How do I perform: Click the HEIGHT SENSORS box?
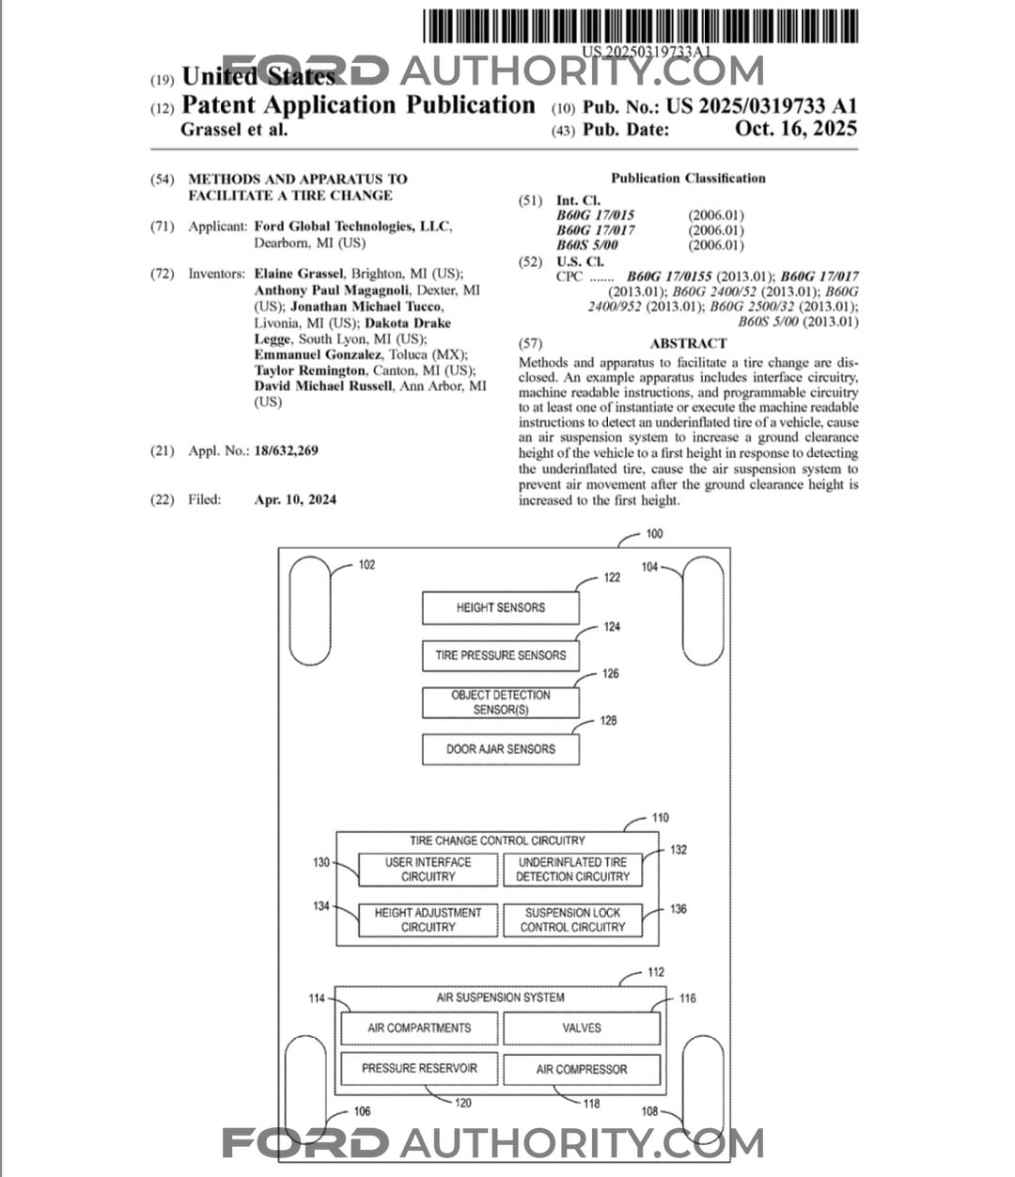click(500, 607)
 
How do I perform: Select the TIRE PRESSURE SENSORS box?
click(500, 655)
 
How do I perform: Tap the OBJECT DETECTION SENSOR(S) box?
click(500, 702)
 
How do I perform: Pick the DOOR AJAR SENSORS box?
click(500, 749)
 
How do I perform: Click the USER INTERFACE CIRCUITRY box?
click(428, 870)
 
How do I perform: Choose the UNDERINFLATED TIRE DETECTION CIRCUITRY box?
click(572, 870)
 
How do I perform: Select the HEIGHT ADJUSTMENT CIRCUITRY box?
click(428, 919)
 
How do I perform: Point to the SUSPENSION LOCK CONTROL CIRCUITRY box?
click(572, 919)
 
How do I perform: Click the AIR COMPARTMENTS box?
click(419, 1028)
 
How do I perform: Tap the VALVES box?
click(581, 1028)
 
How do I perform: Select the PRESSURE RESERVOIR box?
click(419, 1069)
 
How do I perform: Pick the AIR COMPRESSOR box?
click(581, 1069)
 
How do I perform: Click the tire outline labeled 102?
click(311, 611)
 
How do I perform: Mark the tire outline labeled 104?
click(703, 611)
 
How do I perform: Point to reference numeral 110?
click(661, 818)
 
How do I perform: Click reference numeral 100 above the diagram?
click(654, 534)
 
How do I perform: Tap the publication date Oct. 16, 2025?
click(796, 130)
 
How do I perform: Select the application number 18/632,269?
click(286, 451)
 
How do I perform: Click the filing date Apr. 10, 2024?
click(295, 500)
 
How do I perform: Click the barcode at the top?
click(640, 25)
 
